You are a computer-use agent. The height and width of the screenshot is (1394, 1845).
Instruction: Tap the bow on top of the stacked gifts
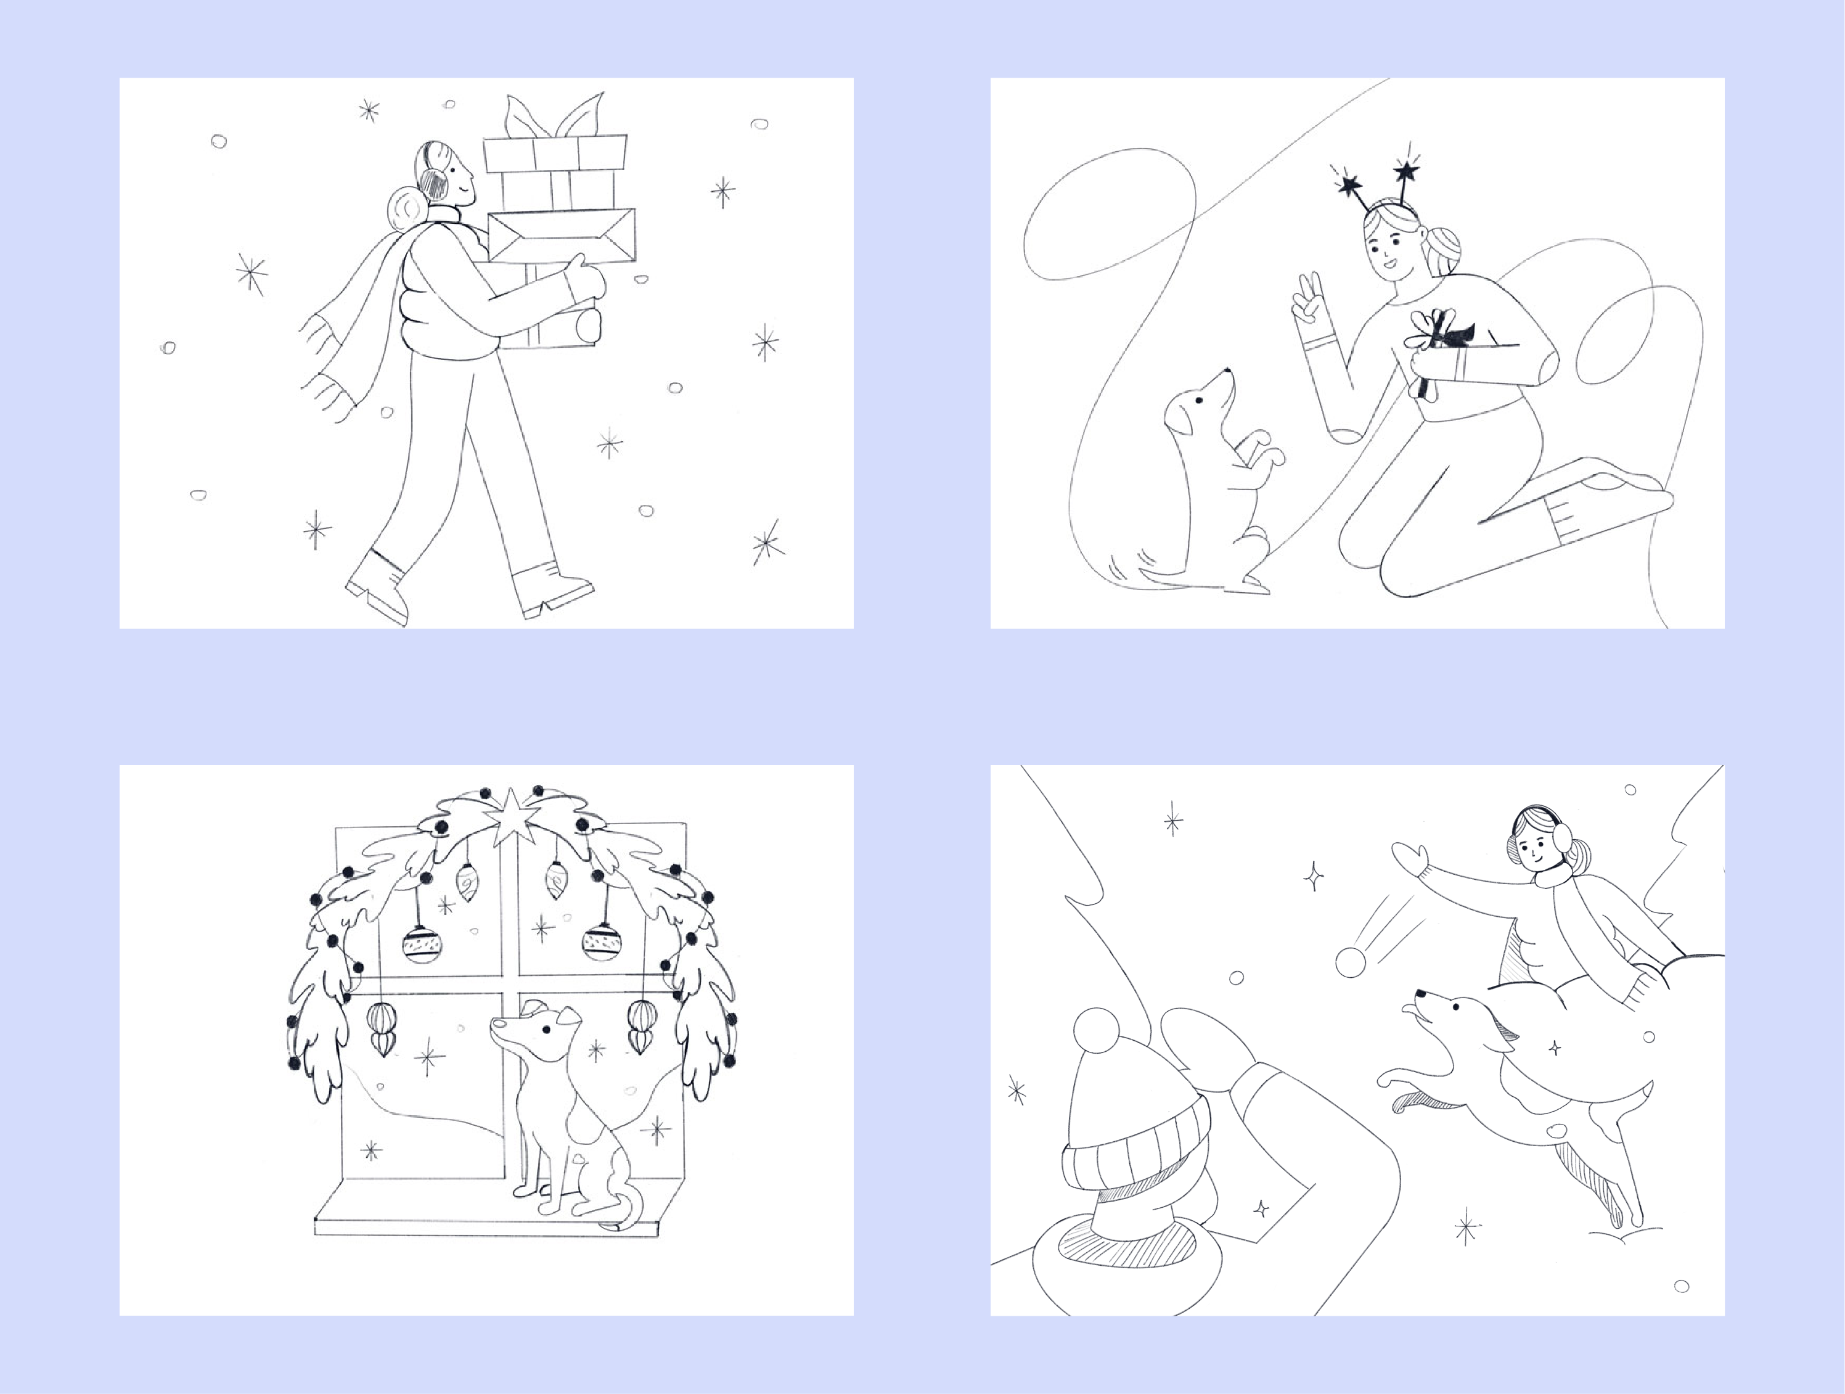tap(555, 117)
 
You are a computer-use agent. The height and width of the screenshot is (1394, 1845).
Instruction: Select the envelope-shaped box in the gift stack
tap(560, 236)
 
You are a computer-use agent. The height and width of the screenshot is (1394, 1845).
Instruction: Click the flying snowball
tap(1351, 962)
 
